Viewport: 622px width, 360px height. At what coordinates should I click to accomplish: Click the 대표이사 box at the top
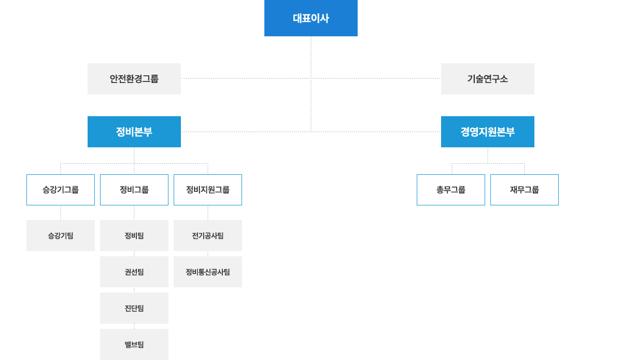coord(310,18)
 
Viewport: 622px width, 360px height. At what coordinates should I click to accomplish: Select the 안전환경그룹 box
coord(134,79)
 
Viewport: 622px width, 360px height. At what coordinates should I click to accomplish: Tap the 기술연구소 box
coord(487,79)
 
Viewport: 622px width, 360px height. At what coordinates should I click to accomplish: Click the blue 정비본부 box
coord(134,132)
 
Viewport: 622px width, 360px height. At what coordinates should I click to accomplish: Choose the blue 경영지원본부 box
coord(487,132)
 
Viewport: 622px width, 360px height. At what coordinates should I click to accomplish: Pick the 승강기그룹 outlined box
coord(61,190)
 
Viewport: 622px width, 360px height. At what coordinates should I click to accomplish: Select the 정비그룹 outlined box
coord(134,190)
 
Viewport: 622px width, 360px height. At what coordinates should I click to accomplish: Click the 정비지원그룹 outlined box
coord(208,190)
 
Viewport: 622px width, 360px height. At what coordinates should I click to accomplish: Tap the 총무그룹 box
coord(451,190)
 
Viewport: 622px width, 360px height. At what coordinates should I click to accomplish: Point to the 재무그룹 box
coord(525,190)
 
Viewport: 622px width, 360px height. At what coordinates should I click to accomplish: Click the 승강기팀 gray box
coord(61,236)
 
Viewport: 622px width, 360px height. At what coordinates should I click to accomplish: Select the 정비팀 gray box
coord(134,236)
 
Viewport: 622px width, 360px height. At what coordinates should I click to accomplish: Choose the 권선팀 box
coord(134,272)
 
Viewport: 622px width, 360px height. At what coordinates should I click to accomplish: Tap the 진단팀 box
coord(134,308)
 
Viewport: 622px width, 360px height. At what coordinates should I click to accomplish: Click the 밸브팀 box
coord(134,344)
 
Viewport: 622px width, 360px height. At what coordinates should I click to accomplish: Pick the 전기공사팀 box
coord(208,236)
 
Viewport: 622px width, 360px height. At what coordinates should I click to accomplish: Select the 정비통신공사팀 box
coord(208,272)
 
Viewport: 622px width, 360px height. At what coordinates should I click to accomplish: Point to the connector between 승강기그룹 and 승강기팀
coord(61,213)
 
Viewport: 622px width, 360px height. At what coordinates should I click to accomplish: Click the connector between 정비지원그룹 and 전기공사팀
coord(208,213)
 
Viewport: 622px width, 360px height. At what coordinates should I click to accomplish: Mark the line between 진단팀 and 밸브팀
coord(134,326)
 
